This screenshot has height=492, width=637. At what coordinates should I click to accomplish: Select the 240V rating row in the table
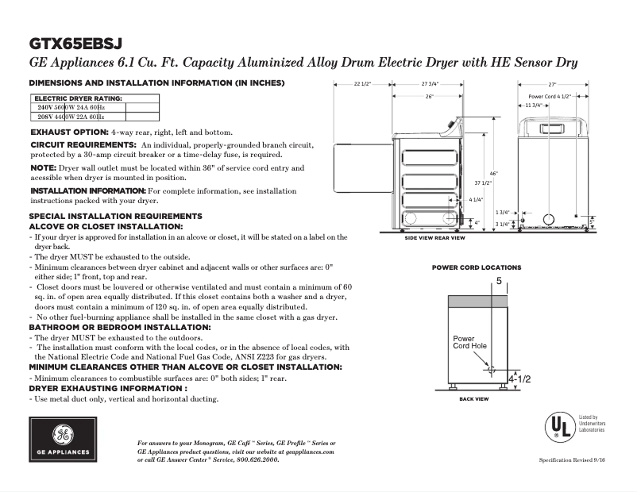pyautogui.click(x=71, y=106)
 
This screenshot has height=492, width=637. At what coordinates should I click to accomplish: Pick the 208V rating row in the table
pyautogui.click(x=71, y=116)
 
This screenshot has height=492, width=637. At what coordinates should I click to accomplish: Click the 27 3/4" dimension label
pyautogui.click(x=430, y=83)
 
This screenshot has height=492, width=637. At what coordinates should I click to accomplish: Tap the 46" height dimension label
pyautogui.click(x=493, y=173)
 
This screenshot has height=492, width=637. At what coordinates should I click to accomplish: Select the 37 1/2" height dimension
pyautogui.click(x=484, y=183)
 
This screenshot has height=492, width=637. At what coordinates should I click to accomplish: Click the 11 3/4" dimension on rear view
pyautogui.click(x=534, y=105)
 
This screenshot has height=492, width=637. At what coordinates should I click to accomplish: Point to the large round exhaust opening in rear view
pyautogui.click(x=548, y=218)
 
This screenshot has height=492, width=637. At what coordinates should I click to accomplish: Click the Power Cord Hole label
pyautogui.click(x=469, y=342)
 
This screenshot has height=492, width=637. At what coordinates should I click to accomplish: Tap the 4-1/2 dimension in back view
pyautogui.click(x=519, y=379)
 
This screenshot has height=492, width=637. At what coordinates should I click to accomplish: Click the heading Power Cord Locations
pyautogui.click(x=477, y=267)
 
